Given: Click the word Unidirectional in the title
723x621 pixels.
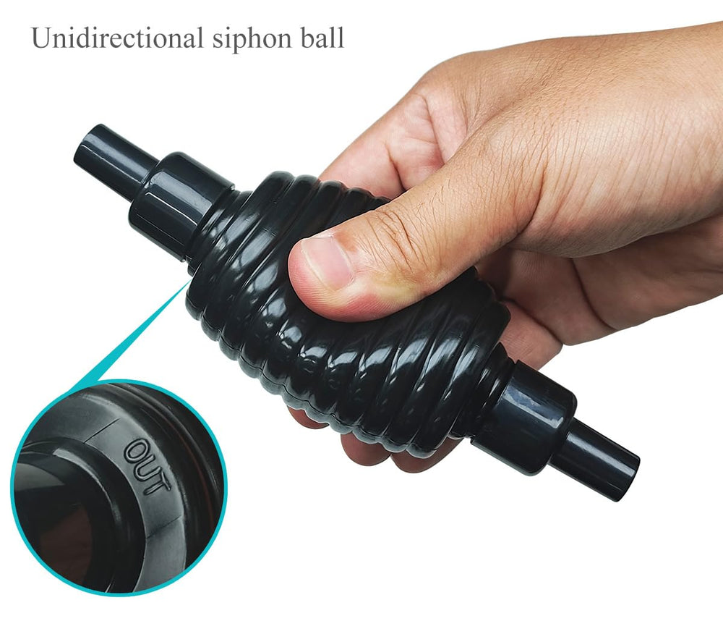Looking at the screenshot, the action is (x=117, y=38).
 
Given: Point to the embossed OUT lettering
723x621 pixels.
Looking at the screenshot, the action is (x=147, y=467).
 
